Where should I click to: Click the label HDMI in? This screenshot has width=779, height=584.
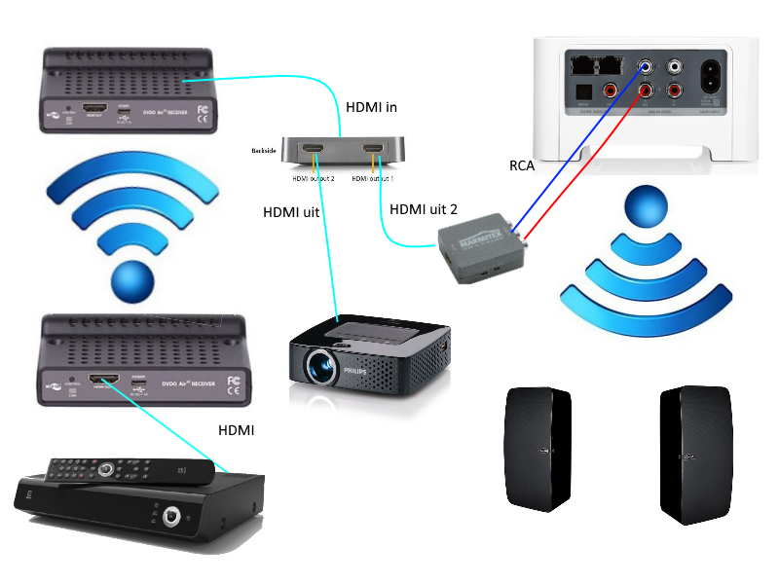[x=374, y=106]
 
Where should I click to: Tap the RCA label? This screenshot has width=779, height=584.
[x=523, y=165]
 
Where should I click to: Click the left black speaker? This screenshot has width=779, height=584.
[x=537, y=447]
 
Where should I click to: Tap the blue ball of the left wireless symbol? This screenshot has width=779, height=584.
[x=133, y=280]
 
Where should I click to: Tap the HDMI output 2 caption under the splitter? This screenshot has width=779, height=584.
[x=314, y=179]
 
